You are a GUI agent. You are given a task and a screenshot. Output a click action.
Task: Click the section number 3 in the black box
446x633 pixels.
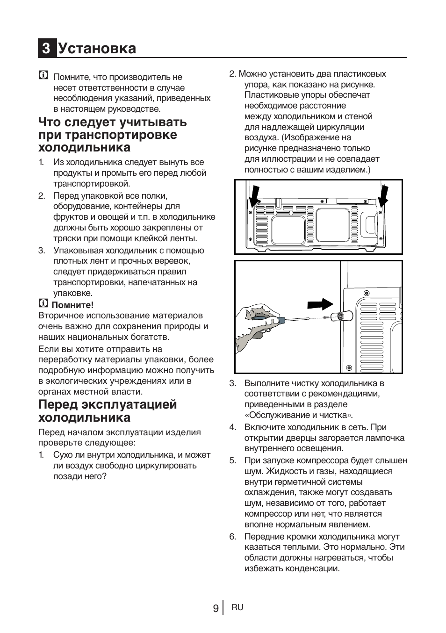[x=46, y=49]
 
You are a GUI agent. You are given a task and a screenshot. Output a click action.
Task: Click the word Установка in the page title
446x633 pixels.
[x=97, y=49]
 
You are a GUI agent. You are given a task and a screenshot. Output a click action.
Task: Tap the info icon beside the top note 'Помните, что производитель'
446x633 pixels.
[x=43, y=75]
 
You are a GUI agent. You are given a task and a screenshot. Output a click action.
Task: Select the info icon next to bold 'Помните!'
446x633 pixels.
[x=43, y=304]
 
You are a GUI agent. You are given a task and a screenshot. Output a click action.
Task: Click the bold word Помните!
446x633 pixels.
[x=72, y=305]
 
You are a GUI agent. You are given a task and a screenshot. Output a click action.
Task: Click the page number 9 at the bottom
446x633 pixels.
[x=215, y=608]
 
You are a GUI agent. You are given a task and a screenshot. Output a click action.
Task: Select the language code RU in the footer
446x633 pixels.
[x=237, y=607]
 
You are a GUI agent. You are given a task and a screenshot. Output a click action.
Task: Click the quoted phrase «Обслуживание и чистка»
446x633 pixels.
[x=298, y=415]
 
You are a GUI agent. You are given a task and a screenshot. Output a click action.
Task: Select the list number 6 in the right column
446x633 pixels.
[x=232, y=537]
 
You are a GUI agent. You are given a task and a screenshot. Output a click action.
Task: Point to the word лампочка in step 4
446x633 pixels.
[x=382, y=438]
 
